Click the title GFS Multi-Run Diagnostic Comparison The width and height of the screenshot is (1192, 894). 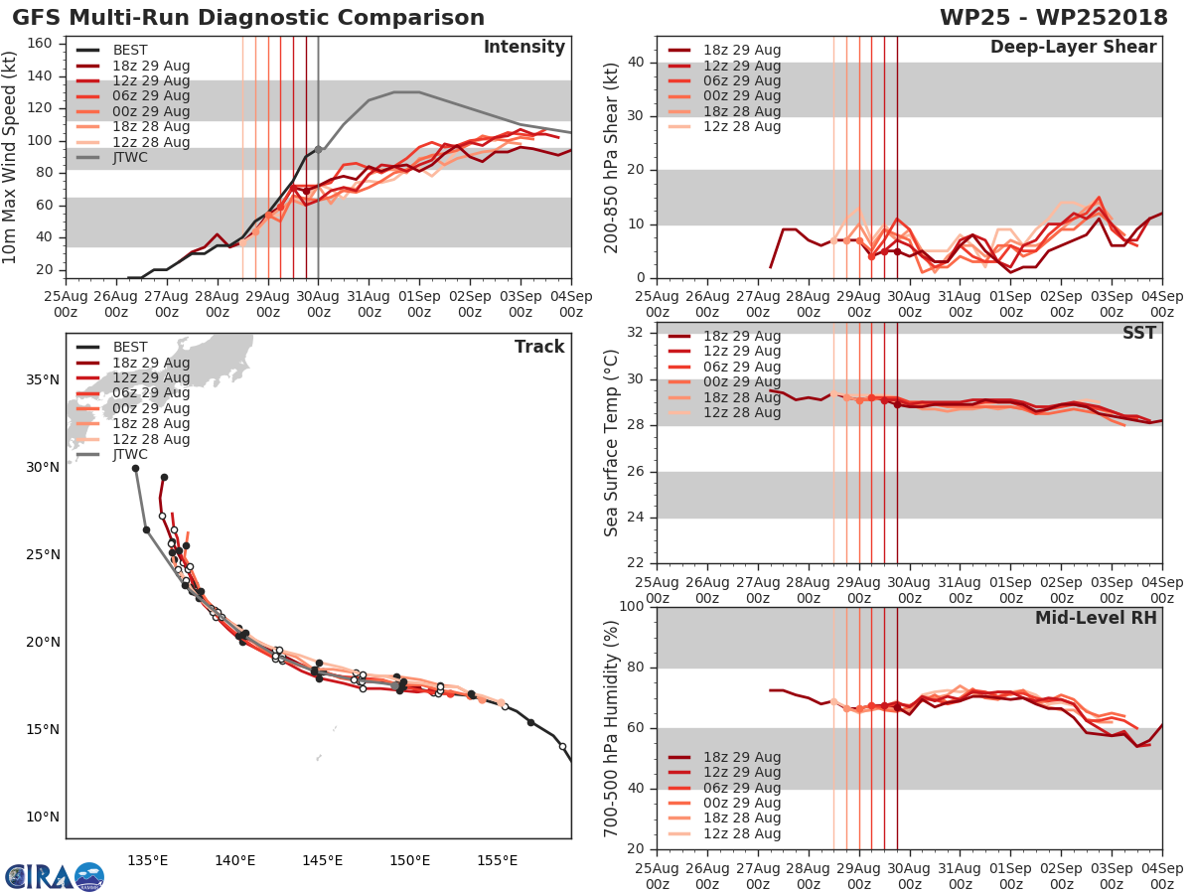pos(248,18)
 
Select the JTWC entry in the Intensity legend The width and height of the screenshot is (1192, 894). pos(130,158)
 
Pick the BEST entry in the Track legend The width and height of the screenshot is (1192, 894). pos(130,348)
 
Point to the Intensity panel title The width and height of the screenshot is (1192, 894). pos(523,48)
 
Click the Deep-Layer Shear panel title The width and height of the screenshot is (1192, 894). pos(1073,48)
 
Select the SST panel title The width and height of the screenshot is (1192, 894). pos(1138,333)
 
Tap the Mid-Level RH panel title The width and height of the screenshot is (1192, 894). pos(1096,618)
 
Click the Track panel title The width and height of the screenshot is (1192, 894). pos(539,347)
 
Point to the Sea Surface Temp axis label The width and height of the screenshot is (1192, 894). pos(612,443)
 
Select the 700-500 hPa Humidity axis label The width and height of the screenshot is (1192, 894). pos(612,728)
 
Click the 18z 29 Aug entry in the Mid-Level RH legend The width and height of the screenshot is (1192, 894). pos(741,757)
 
